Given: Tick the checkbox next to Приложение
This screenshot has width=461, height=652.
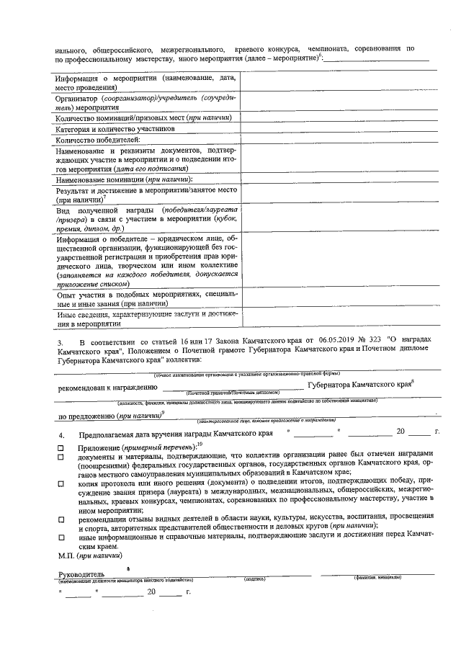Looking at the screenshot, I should coord(61,447).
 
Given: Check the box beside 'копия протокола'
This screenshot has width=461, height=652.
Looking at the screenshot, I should coord(61,483).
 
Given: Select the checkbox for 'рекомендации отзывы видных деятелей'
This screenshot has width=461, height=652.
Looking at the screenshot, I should coord(61,519).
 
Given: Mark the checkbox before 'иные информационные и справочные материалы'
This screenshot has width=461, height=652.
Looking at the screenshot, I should coord(61,537).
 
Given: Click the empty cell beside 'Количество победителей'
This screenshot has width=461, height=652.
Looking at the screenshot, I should coord(343,140).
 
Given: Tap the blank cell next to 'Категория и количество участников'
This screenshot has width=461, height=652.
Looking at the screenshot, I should coord(343,129).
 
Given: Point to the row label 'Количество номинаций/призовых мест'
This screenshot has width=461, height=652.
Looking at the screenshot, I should coord(144,117).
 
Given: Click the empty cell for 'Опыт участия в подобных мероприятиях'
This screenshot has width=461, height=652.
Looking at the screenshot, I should coord(343,299).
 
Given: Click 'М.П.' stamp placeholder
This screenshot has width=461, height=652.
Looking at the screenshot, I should coord(67,555).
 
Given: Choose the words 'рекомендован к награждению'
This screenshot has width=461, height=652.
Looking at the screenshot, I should coord(107,387).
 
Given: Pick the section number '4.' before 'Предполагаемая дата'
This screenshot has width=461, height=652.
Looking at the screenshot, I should coord(61,434).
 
